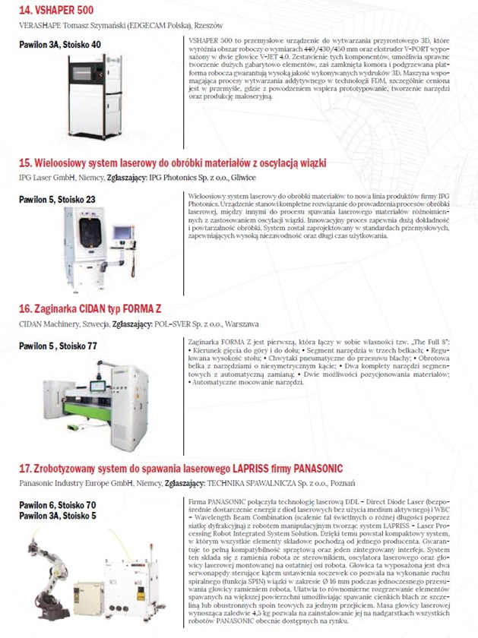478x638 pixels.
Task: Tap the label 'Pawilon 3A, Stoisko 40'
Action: pos(59,44)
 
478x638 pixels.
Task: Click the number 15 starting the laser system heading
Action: pos(24,162)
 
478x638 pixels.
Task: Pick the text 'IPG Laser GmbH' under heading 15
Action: pos(45,178)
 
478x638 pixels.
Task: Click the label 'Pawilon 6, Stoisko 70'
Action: pos(58,504)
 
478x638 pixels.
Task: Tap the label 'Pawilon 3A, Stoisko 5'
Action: pos(58,515)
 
